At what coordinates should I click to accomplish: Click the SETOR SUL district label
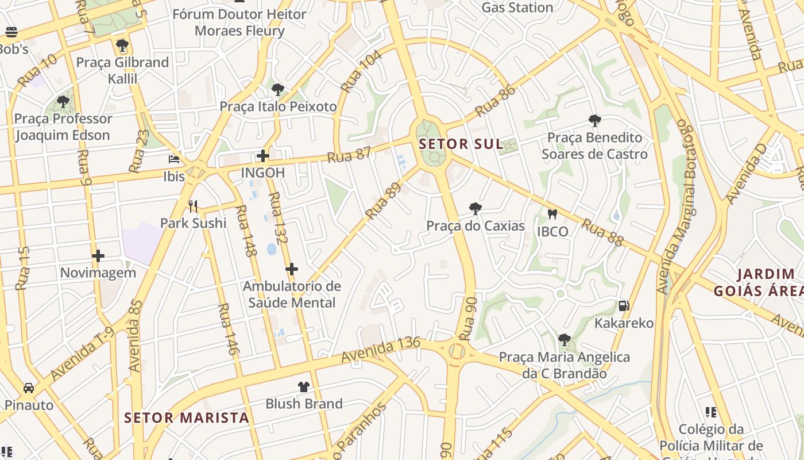pyautogui.click(x=461, y=144)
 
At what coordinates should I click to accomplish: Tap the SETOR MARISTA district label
pyautogui.click(x=187, y=417)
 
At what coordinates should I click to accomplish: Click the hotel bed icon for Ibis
pyautogui.click(x=173, y=159)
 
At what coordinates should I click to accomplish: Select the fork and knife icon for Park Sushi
pyautogui.click(x=193, y=206)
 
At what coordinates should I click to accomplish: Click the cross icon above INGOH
pyautogui.click(x=263, y=156)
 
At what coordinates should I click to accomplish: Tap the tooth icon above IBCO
pyautogui.click(x=552, y=214)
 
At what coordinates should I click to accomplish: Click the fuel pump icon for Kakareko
pyautogui.click(x=624, y=306)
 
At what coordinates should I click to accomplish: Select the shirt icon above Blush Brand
pyautogui.click(x=304, y=386)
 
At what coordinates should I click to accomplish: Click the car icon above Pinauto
pyautogui.click(x=29, y=388)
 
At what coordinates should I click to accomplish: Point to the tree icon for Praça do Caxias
pyautogui.click(x=475, y=209)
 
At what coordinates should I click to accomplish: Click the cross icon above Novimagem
pyautogui.click(x=98, y=255)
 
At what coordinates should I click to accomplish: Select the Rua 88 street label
pyautogui.click(x=602, y=232)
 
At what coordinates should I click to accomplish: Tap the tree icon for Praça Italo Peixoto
pyautogui.click(x=278, y=90)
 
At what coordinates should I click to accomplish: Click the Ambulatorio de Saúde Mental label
pyautogui.click(x=292, y=294)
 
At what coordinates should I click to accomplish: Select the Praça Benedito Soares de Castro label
pyautogui.click(x=594, y=146)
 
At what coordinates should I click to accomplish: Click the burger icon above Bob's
pyautogui.click(x=11, y=32)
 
